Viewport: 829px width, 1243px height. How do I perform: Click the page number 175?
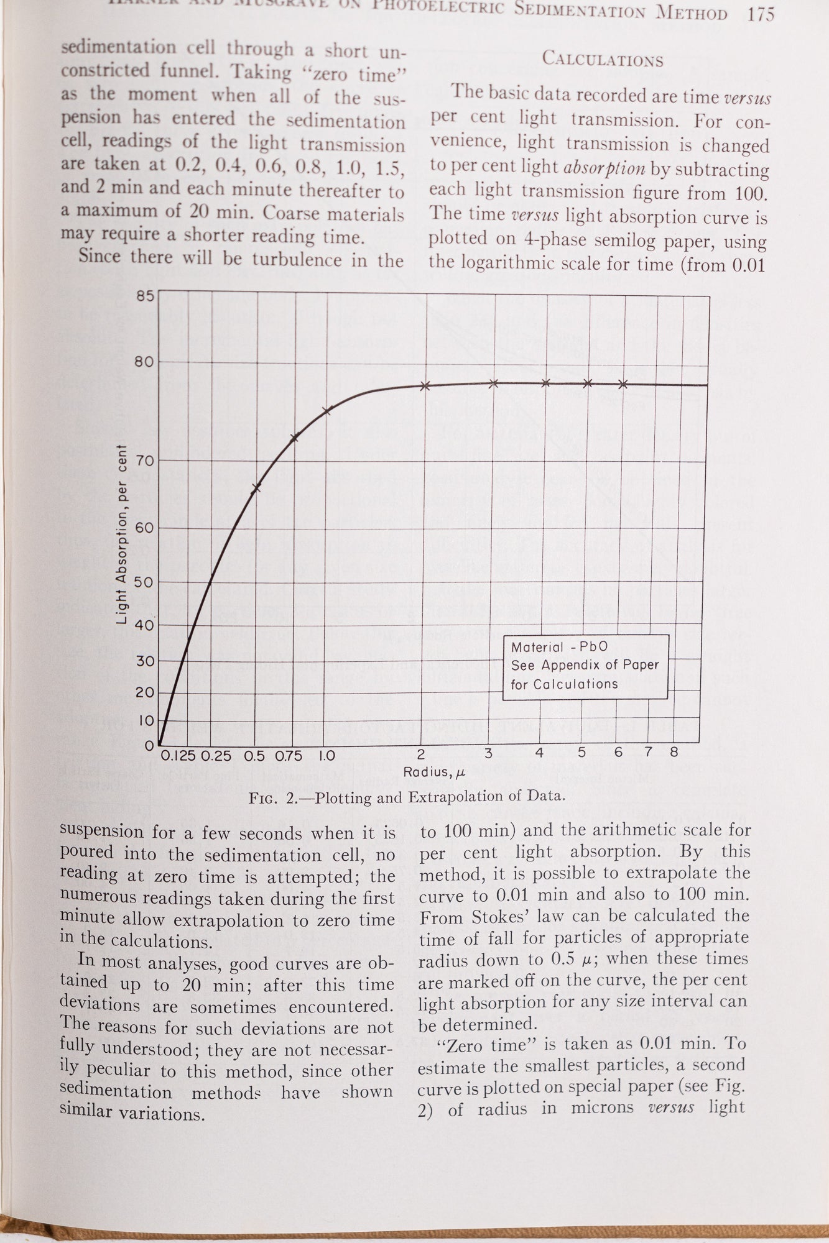click(x=761, y=14)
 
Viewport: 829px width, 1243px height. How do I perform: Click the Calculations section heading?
click(x=603, y=60)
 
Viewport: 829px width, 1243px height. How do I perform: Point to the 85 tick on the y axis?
click(x=145, y=295)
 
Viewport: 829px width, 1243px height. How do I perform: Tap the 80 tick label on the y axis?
click(x=145, y=362)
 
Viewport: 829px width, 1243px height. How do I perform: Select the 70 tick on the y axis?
click(x=145, y=461)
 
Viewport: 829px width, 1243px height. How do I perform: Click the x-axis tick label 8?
click(x=674, y=753)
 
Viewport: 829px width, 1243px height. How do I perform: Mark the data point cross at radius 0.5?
click(x=256, y=488)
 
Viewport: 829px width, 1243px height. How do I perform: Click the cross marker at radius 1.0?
click(x=328, y=410)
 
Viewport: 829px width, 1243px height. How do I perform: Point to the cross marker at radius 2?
click(x=425, y=386)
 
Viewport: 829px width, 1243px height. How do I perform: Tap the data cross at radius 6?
click(x=623, y=384)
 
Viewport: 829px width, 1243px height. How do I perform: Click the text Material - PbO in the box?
click(x=559, y=647)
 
